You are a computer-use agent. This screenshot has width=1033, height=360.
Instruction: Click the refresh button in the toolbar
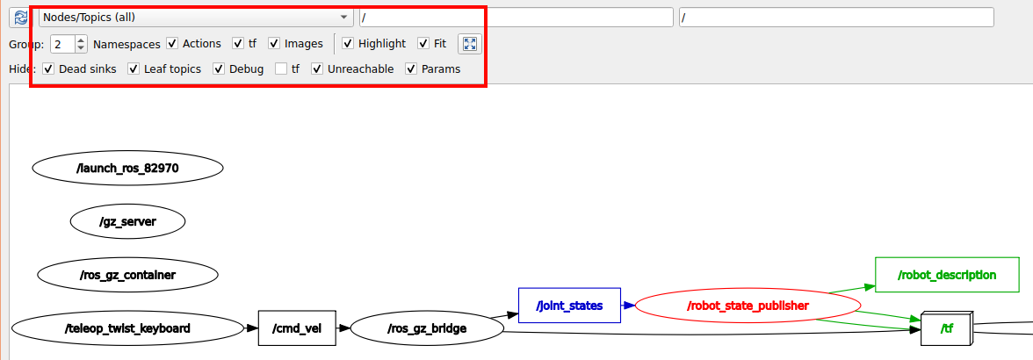pos(20,18)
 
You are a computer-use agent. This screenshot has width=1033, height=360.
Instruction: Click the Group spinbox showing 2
pos(69,44)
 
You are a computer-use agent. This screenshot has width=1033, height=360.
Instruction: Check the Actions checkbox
pos(172,43)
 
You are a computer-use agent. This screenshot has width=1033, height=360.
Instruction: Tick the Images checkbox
pos(275,43)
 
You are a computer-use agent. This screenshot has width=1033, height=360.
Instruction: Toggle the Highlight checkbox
pos(349,43)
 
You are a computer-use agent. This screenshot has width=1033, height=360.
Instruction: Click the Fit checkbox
pos(423,43)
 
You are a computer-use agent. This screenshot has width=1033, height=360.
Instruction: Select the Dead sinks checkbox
pos(49,68)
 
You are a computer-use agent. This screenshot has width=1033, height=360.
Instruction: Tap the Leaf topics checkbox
pos(134,68)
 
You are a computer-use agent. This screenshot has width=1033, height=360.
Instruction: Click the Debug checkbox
pos(219,68)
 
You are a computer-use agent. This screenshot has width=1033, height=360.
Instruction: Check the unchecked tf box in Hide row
pos(281,68)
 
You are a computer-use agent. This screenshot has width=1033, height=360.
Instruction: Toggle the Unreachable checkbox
pos(318,68)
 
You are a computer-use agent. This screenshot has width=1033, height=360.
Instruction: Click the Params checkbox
pos(411,68)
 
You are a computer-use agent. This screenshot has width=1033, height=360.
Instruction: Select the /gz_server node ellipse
pos(128,222)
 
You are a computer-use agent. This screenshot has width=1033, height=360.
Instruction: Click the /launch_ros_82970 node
pos(128,169)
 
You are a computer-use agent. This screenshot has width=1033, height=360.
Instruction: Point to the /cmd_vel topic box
pos(297,328)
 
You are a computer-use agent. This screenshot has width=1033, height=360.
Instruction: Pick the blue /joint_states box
pos(570,306)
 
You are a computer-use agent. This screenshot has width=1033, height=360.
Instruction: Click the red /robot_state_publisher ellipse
pos(748,306)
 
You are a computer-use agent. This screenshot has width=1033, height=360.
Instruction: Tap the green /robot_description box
pos(947,275)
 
